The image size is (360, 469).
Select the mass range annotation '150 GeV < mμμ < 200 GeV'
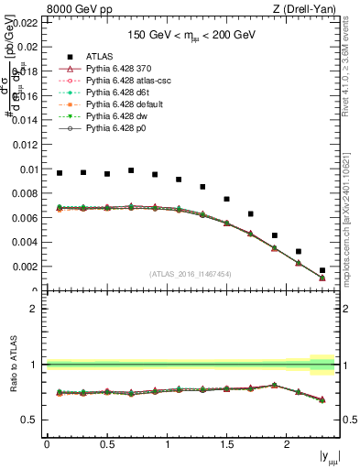pyautogui.click(x=192, y=35)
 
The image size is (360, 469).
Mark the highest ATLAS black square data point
pyautogui.click(x=131, y=170)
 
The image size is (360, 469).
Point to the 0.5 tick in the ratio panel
pyautogui.click(x=31, y=420)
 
